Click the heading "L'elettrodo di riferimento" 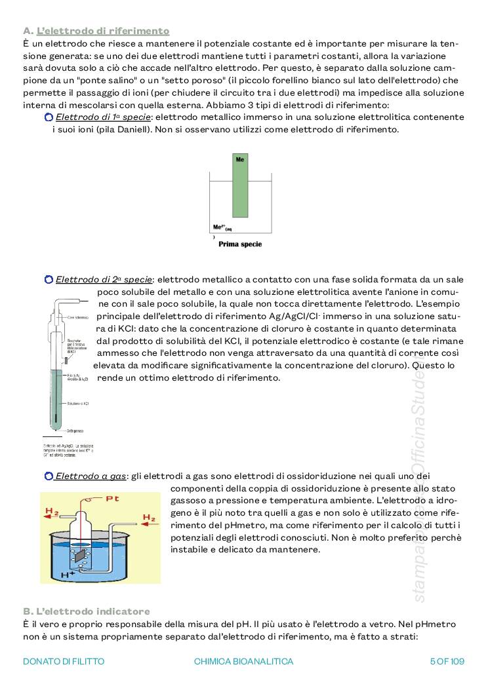tap(103, 31)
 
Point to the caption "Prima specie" tap(240, 244)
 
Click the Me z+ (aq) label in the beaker tap(222, 228)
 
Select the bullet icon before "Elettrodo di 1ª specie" tap(49, 117)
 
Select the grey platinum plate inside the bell tap(82, 537)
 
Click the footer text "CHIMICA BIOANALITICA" tap(244, 661)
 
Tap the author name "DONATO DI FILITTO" tap(64, 661)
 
